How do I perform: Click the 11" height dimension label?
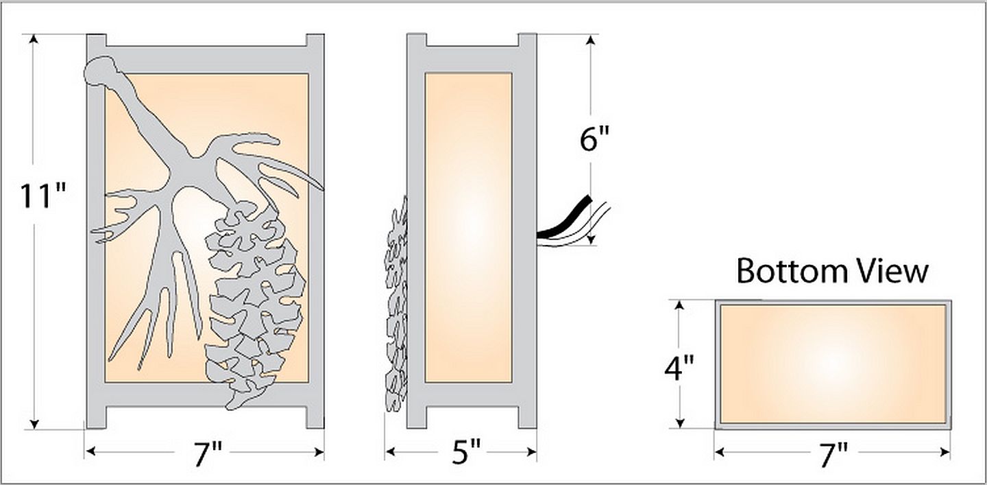click(x=43, y=196)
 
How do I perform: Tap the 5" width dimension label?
click(x=467, y=452)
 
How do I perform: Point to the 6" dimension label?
click(x=594, y=139)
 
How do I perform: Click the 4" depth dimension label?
click(x=679, y=368)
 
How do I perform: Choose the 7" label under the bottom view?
click(x=833, y=456)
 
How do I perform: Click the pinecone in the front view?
click(x=255, y=304)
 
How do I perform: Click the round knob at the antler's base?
click(x=99, y=70)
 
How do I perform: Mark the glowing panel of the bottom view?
click(x=833, y=364)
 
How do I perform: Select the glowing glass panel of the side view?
click(x=468, y=228)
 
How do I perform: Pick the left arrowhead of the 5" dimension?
click(x=391, y=451)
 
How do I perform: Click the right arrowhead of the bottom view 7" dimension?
click(x=945, y=452)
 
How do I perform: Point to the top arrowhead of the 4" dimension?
click(x=680, y=305)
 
